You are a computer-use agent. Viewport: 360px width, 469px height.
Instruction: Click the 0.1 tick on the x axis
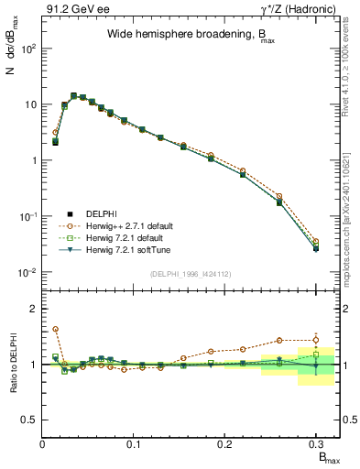coord(135,444)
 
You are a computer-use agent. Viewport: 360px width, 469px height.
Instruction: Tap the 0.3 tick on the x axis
coord(317,444)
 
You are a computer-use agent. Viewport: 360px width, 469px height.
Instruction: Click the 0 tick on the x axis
coord(43,444)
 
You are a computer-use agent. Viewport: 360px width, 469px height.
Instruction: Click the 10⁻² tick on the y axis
coord(27,272)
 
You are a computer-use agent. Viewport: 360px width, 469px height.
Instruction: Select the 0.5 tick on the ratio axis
coord(30,420)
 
